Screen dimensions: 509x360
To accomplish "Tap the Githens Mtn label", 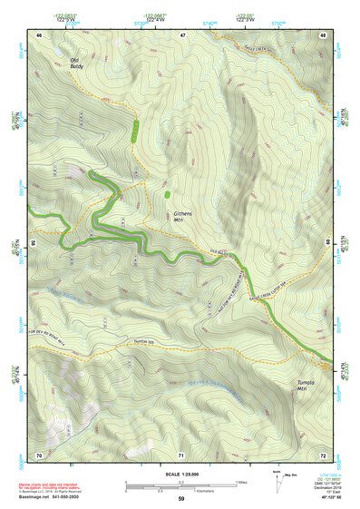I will click(183, 216).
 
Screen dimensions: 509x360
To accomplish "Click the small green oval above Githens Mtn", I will click(168, 192).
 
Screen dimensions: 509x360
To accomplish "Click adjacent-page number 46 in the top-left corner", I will click(39, 34).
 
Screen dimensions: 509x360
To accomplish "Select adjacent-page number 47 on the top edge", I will click(181, 34).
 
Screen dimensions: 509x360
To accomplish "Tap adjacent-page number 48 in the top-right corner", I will click(322, 34).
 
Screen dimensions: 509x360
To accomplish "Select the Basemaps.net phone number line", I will click(46, 497).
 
